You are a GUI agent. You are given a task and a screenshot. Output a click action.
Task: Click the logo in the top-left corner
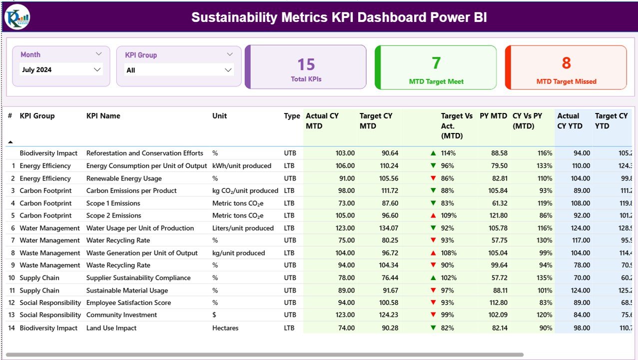tap(17, 17)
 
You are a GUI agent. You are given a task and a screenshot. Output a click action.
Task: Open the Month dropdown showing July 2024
tap(97, 70)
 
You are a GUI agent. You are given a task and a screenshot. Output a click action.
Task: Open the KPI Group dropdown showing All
tap(228, 70)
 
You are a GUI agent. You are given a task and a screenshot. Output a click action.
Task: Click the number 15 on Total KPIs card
tap(306, 64)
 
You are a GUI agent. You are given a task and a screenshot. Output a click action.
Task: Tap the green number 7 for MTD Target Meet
tap(436, 63)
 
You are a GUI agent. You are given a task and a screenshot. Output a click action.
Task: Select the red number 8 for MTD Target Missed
tap(566, 63)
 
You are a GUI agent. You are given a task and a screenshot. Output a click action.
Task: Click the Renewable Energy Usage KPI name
tap(124, 178)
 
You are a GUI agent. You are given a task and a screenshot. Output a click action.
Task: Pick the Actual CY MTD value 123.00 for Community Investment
tap(344, 315)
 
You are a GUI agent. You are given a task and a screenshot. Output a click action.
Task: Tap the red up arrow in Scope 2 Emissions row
tap(433, 215)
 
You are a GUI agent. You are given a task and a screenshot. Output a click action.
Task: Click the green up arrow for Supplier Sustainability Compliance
tap(433, 278)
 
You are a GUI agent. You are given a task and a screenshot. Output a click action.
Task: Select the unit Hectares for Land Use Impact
tap(225, 328)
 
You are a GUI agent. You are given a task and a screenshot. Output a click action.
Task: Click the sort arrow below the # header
tap(10, 142)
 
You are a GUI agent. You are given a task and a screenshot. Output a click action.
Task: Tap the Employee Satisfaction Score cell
tap(128, 302)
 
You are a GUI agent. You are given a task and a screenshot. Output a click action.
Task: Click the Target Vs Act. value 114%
tap(448, 153)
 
